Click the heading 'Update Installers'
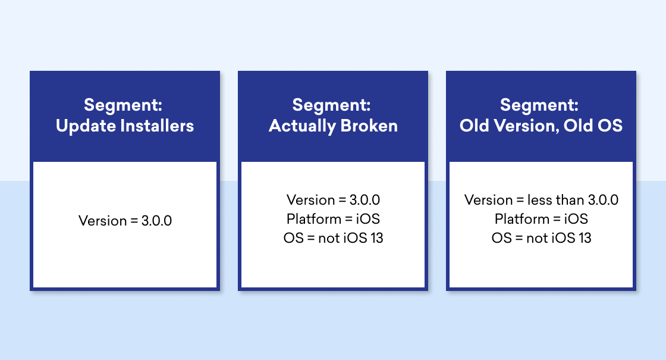[x=125, y=126]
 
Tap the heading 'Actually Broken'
[x=333, y=126]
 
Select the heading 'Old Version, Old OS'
[x=541, y=126]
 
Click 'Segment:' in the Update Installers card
[x=123, y=105]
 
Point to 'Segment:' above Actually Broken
[x=331, y=105]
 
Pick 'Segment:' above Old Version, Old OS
[x=539, y=105]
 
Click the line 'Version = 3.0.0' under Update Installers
[x=125, y=221]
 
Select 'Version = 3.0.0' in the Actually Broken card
[x=333, y=200]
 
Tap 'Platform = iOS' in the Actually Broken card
[x=333, y=219]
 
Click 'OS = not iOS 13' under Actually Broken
[x=333, y=238]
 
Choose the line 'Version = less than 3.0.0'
[x=541, y=200]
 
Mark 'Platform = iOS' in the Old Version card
[x=541, y=219]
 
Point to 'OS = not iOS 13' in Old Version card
[x=541, y=238]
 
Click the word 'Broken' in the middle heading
[x=369, y=126]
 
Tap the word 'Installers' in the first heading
[x=157, y=126]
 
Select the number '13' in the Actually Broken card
[x=376, y=238]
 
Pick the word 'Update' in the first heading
[x=86, y=126]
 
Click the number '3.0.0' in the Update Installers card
[x=157, y=221]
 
